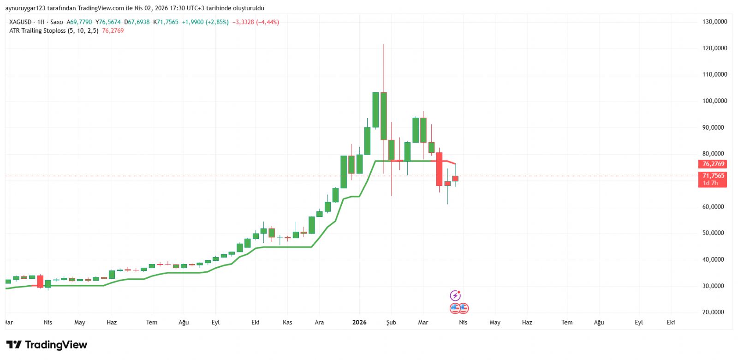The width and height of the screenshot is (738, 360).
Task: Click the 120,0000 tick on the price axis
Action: (714, 48)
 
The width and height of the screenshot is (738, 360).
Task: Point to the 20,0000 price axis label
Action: (713, 312)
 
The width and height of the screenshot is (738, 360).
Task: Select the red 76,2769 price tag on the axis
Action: (713, 164)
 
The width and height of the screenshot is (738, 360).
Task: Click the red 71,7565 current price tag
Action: (713, 176)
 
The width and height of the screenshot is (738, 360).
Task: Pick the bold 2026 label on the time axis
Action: (359, 323)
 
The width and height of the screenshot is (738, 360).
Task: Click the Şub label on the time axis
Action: (391, 323)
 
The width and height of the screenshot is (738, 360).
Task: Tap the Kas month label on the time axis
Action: (287, 323)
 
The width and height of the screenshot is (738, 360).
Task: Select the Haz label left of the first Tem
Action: (112, 323)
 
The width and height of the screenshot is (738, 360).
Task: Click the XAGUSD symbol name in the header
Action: (20, 22)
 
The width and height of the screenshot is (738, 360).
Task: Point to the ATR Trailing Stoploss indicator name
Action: (37, 31)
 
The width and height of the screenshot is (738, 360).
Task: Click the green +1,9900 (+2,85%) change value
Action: (205, 22)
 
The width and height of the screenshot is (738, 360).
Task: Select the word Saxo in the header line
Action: (57, 22)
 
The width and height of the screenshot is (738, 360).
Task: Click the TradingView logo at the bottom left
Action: (47, 345)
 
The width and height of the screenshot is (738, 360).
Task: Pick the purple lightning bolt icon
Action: (455, 295)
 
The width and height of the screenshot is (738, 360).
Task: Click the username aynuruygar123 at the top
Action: (25, 8)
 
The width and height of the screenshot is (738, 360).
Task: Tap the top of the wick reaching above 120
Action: (383, 45)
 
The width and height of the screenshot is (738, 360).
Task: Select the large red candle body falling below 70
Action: (439, 169)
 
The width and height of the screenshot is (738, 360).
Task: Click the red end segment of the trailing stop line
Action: (450, 162)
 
